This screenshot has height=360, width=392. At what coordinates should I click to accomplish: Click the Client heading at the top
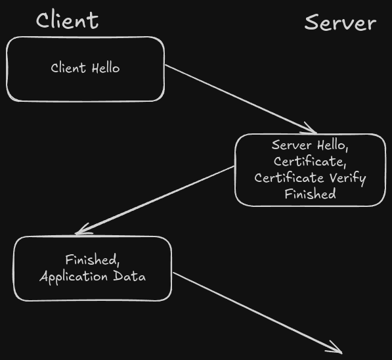point(68,20)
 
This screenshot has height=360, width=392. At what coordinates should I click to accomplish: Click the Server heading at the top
point(341,23)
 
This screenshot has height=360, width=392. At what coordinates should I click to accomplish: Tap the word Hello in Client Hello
point(106,68)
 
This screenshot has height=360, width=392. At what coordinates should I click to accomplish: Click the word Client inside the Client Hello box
point(68,68)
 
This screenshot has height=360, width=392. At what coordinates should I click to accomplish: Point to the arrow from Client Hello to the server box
point(240,99)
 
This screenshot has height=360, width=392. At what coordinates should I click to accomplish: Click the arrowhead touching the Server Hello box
point(310,129)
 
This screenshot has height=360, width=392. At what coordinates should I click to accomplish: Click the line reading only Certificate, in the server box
point(310,162)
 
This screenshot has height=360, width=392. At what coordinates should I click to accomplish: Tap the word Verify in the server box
point(347,178)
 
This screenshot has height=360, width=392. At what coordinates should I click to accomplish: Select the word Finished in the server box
point(310,194)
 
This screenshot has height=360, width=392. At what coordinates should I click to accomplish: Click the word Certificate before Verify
point(289,177)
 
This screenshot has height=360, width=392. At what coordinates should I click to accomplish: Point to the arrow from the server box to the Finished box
point(154,200)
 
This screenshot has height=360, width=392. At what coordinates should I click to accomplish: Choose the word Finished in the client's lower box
point(91,259)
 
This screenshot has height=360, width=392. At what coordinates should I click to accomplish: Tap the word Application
point(74,277)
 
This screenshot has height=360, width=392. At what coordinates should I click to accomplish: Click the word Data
point(129,277)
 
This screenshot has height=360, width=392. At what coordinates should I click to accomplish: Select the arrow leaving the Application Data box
point(257,313)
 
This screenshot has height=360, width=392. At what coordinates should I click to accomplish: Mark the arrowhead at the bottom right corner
point(335,348)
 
